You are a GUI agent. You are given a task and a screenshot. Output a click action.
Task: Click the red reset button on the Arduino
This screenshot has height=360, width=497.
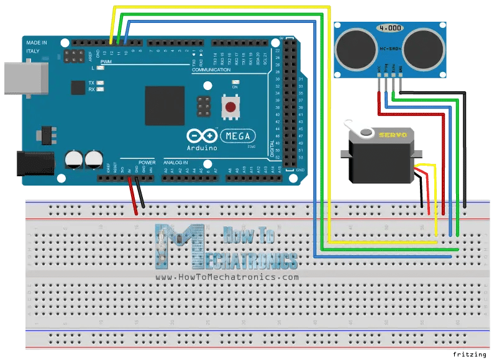231,107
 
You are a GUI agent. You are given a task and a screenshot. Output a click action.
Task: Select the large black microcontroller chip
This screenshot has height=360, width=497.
165,106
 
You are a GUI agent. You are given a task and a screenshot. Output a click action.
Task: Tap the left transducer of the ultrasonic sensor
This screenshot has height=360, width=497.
355,46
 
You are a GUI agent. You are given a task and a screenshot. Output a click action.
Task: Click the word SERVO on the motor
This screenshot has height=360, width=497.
393,135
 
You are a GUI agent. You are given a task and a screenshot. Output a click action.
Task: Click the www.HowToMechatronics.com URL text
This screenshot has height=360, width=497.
227,277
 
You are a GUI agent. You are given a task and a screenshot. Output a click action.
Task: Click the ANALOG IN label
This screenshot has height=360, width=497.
176,161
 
